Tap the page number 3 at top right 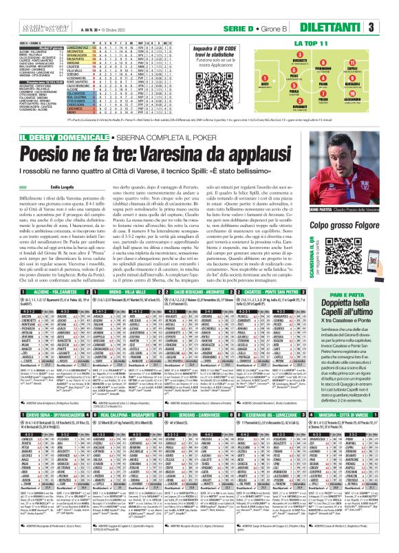click(x=389, y=28)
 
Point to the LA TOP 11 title click(x=314, y=43)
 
